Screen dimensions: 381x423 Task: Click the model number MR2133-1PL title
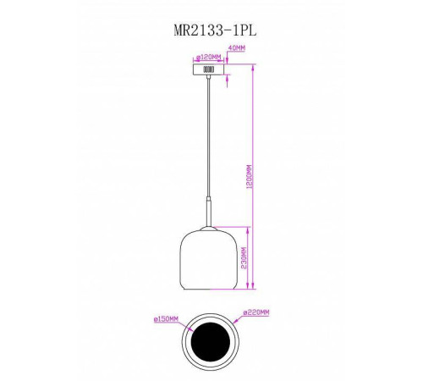211,28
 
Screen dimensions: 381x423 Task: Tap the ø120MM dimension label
209,58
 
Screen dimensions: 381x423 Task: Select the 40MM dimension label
238,49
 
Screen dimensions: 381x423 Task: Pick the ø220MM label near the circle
256,312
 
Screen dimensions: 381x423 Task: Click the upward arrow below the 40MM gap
229,81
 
